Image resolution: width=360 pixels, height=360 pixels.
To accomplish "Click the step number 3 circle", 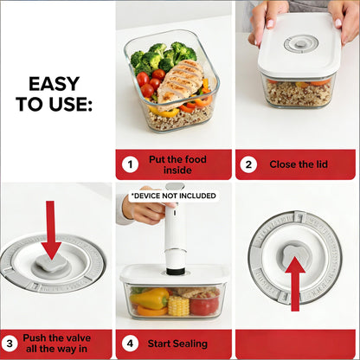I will (10, 344).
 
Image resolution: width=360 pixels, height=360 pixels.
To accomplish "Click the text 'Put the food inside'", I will (177, 164).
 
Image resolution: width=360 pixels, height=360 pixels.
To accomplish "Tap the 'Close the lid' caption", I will (297, 164).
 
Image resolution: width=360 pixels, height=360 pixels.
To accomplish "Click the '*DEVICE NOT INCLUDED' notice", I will (176, 196).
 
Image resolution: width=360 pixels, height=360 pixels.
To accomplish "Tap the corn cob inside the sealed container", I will (177, 304).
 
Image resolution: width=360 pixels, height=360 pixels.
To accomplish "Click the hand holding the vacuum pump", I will (147, 209).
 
